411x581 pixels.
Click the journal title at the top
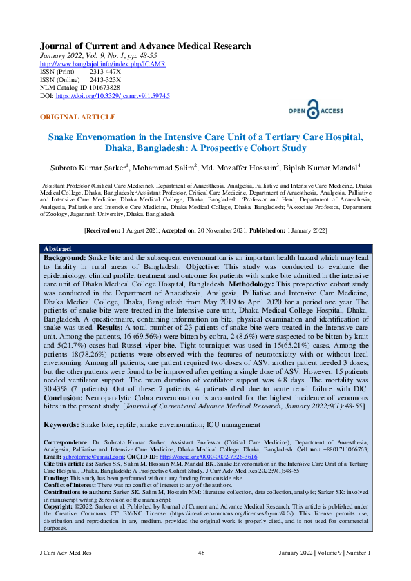click(x=145, y=46)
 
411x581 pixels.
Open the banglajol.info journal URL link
click(x=103, y=64)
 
